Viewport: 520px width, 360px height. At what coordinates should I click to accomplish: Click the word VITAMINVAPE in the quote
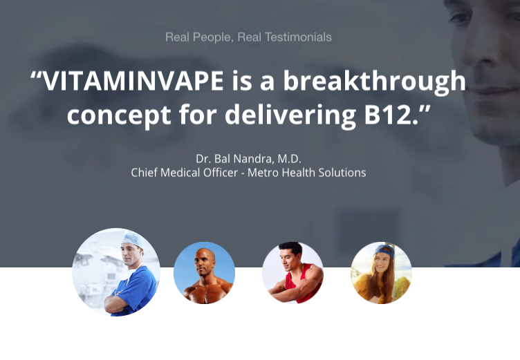pos(133,82)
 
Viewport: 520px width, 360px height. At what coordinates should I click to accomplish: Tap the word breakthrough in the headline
pos(374,82)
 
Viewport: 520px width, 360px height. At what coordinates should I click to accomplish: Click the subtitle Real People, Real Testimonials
pos(248,37)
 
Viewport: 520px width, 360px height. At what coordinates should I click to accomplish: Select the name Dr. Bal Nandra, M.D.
pos(249,158)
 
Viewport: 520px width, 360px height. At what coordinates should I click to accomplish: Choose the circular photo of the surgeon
pos(116,272)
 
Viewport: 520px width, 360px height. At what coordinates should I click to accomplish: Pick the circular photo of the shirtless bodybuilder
pos(204,273)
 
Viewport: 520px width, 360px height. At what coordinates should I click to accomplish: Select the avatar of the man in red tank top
pos(292,273)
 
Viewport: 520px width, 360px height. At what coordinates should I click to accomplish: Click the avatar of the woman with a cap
pos(381,273)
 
